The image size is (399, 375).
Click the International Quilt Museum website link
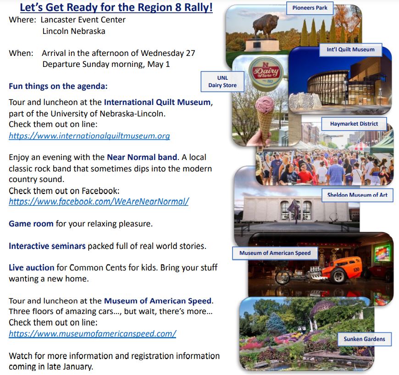coord(89,136)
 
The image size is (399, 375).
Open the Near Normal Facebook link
coord(99,202)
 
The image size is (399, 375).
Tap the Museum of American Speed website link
coord(92,333)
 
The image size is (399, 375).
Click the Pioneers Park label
coord(310,8)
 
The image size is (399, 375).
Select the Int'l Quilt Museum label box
coord(351,50)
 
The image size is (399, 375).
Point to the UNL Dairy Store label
coord(222,82)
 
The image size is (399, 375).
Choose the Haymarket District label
coord(354,124)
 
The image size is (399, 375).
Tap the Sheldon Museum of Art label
coord(357,195)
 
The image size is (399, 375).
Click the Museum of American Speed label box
coord(275,253)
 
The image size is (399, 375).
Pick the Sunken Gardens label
coord(365,339)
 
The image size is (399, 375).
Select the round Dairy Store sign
coord(266,72)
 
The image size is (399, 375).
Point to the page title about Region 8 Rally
coord(116,7)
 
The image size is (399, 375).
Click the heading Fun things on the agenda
coord(58,86)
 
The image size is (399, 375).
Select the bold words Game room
coord(31,224)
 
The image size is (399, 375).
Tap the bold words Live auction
coord(32,267)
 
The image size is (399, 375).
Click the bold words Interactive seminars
coord(47,246)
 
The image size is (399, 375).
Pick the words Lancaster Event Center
coord(83,20)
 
